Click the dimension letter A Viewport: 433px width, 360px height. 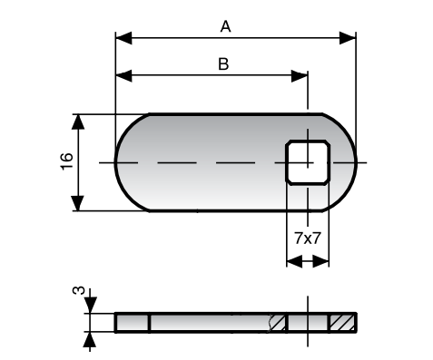click(226, 26)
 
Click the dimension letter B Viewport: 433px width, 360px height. click(223, 64)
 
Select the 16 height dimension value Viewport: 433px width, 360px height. click(67, 161)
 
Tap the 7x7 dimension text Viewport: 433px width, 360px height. click(307, 238)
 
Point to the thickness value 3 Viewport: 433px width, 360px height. click(79, 290)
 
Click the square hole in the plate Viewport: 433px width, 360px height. click(308, 162)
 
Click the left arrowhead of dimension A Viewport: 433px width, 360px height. click(123, 38)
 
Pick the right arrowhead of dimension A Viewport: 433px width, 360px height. click(348, 38)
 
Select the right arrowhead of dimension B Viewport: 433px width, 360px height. click(300, 75)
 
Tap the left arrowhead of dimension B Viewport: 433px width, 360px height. click(123, 75)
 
